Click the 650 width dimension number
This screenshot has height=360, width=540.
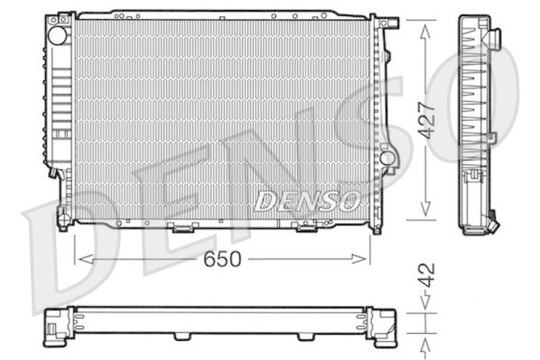222,259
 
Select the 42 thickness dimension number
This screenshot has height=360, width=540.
427,276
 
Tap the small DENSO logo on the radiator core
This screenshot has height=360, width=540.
307,201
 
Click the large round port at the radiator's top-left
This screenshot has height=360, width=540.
57,35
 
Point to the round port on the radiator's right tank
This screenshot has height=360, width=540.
387,158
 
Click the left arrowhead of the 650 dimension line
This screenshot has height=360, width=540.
86,259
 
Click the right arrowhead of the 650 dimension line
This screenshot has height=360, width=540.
358,259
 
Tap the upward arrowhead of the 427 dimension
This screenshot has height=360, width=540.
425,31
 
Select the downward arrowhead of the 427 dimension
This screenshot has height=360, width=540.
425,209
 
